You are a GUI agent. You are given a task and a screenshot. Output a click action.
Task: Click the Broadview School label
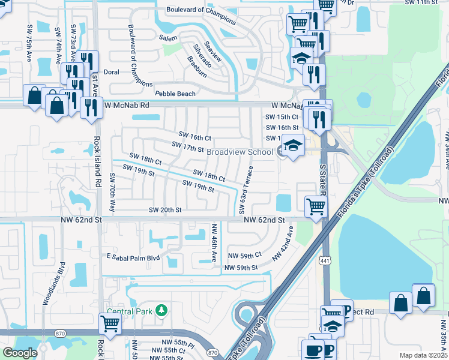(x=240, y=152)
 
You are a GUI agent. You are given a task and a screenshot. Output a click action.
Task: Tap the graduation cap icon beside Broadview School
(x=292, y=146)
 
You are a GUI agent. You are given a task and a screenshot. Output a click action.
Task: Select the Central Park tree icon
(x=161, y=310)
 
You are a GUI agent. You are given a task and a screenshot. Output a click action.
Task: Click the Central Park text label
(x=130, y=311)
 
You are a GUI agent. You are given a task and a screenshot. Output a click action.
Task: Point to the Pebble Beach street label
(x=175, y=94)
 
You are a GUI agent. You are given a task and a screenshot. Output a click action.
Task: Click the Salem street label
(x=168, y=38)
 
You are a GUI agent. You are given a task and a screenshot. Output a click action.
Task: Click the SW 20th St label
(x=165, y=210)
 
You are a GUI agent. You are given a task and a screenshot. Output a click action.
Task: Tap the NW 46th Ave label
(x=213, y=242)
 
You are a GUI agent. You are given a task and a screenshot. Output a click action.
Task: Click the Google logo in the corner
(x=20, y=353)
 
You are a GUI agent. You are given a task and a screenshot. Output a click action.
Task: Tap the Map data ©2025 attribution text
(x=423, y=355)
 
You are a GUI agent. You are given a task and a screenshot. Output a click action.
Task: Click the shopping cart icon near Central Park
(x=110, y=323)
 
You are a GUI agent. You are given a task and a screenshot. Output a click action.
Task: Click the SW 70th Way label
(x=112, y=193)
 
